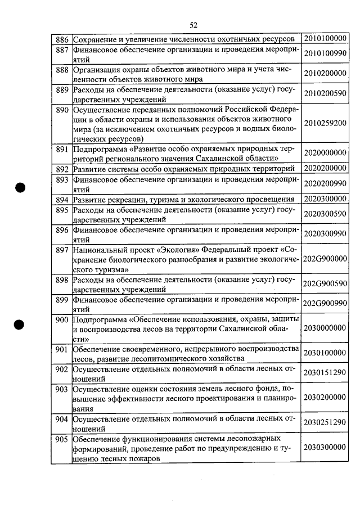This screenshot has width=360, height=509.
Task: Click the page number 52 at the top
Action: [x=193, y=25]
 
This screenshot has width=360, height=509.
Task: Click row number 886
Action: [x=62, y=39]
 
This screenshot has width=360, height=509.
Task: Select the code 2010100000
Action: [x=325, y=39]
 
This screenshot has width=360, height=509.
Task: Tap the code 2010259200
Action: [x=325, y=123]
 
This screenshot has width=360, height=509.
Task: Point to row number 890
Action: [x=62, y=110]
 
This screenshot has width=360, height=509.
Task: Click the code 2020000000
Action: [x=325, y=153]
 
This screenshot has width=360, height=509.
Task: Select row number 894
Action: [x=62, y=199]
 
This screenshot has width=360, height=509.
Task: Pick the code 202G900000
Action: [x=325, y=259]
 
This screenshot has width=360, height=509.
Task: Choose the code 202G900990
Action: [x=325, y=304]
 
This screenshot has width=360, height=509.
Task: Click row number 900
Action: [x=62, y=320]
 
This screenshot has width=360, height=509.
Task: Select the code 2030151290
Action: [x=325, y=373]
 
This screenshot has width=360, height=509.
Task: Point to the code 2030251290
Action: [x=325, y=422]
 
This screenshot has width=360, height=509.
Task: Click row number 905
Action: [x=62, y=438]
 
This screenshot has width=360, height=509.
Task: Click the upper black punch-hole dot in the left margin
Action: [x=21, y=188]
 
